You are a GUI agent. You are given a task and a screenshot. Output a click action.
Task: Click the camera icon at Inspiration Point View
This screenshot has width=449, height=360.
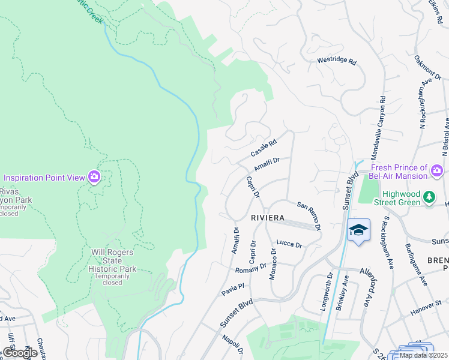(94, 177)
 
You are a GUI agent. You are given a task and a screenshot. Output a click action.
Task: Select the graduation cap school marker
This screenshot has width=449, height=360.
(358, 230)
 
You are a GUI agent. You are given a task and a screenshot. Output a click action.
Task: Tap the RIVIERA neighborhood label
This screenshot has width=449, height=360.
(267, 218)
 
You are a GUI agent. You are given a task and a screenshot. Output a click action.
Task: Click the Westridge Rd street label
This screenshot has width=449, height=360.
(337, 61)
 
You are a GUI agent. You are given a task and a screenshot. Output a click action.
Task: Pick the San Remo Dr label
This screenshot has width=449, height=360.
(309, 215)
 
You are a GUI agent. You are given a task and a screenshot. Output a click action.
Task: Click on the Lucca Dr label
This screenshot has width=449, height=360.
(289, 244)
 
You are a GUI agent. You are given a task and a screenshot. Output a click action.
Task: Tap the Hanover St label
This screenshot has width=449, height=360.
(426, 312)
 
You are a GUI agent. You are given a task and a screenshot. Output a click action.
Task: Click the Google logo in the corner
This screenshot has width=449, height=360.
(20, 353)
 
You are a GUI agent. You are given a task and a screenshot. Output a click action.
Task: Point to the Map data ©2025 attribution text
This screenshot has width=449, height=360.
(423, 355)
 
